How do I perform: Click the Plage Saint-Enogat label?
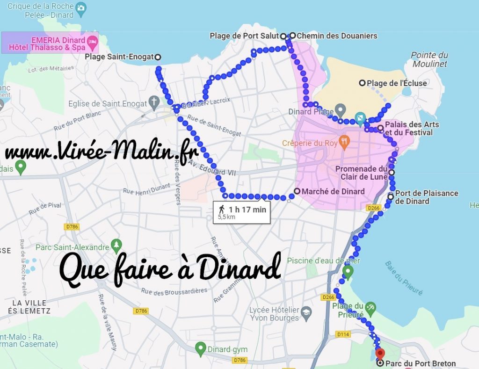pos(119,57)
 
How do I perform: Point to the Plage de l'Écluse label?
pos(397,83)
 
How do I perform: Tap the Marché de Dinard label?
pos(333,191)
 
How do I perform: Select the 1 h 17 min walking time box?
pos(241,212)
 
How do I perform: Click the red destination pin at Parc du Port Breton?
pos(380,354)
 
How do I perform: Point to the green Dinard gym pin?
pos(200,348)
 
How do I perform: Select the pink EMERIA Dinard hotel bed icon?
pos(93,43)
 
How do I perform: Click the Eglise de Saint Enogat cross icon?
pos(154,103)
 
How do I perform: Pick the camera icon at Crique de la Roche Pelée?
pos(81,7)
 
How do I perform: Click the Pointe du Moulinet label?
pos(429,59)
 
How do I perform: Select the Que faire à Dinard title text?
pos(170,270)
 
